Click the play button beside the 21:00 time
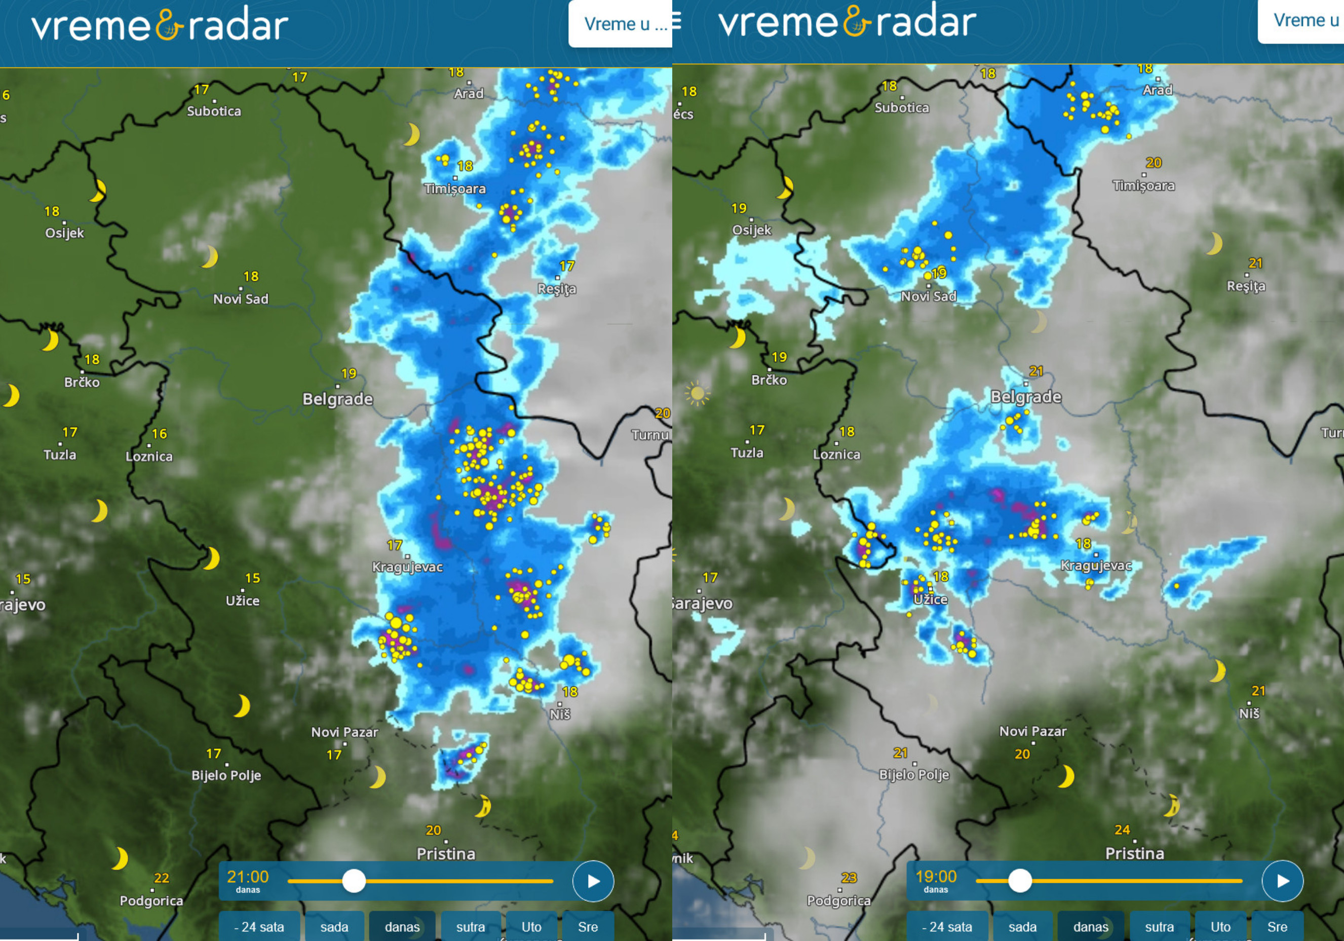click(593, 881)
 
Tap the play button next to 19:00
click(1282, 881)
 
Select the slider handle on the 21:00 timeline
click(354, 881)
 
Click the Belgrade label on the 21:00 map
click(338, 399)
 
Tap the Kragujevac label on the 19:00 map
click(1096, 565)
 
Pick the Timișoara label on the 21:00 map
click(455, 189)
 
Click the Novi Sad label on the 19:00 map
click(929, 296)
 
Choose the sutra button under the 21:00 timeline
click(470, 927)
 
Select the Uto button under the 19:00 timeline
click(1220, 927)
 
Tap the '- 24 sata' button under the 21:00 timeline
click(259, 927)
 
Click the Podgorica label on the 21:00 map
click(151, 900)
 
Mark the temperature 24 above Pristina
click(1122, 830)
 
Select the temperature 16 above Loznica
click(159, 434)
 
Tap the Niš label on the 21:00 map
click(560, 714)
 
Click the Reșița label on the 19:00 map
click(1246, 286)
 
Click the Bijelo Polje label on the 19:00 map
click(914, 774)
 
